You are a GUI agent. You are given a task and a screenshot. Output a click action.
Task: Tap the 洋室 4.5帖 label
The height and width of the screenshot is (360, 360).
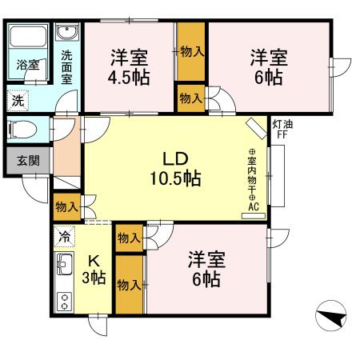pyautogui.click(x=127, y=67)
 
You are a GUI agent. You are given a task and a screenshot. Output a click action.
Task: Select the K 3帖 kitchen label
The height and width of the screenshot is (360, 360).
pyautogui.click(x=94, y=270)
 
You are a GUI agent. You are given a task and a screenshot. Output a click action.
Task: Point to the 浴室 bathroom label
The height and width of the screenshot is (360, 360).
pyautogui.click(x=29, y=64)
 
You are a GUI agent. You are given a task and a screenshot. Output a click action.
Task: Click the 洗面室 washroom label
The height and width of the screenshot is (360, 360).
pyautogui.click(x=66, y=67)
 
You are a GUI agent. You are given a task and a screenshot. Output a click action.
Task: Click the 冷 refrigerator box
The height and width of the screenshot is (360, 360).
pyautogui.click(x=64, y=237)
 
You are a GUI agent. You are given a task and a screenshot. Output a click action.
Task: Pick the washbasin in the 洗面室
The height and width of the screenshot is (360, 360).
pyautogui.click(x=66, y=34)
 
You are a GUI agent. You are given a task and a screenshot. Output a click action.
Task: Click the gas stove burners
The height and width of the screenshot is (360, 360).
pyautogui.click(x=64, y=301)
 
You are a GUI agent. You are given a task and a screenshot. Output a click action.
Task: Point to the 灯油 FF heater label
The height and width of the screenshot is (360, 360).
pyautogui.click(x=282, y=129)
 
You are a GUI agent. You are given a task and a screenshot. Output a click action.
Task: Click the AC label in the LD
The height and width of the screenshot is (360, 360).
pyautogui.click(x=254, y=206)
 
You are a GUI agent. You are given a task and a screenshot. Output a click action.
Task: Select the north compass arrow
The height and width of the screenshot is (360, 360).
pyautogui.click(x=330, y=319)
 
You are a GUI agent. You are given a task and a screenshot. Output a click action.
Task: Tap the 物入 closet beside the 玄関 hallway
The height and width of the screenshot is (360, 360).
pyautogui.click(x=66, y=207)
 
